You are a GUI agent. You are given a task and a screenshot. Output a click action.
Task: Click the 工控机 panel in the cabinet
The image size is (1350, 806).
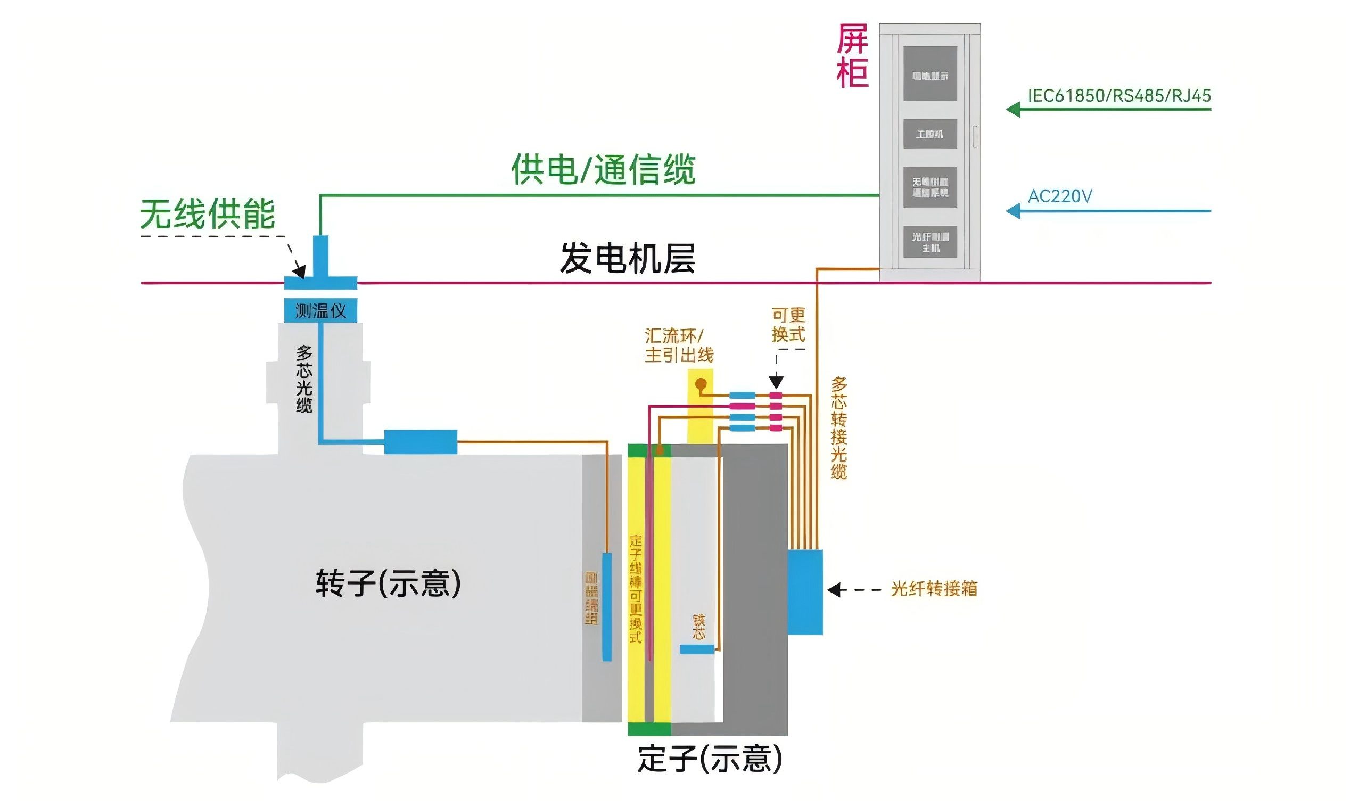[929, 134]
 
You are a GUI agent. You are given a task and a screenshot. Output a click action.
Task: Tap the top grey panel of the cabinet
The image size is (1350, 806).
[929, 73]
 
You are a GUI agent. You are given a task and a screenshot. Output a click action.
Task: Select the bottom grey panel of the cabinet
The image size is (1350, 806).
[929, 242]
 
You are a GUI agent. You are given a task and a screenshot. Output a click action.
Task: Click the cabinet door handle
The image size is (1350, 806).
[975, 136]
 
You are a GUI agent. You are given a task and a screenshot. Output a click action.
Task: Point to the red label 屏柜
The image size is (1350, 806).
[852, 56]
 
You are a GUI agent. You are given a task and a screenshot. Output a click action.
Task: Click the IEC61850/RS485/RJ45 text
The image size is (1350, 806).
[1118, 96]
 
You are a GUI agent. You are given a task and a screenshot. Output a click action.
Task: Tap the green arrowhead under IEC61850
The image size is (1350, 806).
[1014, 110]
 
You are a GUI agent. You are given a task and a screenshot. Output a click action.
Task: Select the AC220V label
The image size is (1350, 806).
[1059, 196]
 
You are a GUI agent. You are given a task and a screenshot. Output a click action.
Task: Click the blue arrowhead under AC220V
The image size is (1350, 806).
[1014, 211]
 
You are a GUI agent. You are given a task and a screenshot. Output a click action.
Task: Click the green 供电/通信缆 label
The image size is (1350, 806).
[603, 169]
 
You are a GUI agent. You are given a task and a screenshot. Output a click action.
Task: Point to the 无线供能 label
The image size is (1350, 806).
[208, 214]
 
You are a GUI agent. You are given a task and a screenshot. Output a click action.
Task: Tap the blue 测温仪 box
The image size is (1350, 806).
[320, 311]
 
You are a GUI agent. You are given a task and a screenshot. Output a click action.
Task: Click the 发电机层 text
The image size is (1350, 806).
[627, 259]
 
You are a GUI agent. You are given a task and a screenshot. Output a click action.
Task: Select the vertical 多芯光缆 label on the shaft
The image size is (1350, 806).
[304, 379]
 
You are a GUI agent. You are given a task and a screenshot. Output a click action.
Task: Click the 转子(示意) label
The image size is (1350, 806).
[388, 583]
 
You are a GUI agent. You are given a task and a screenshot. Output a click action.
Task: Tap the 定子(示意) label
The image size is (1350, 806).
[709, 759]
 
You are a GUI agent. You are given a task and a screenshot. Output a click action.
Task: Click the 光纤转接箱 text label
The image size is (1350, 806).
[934, 589]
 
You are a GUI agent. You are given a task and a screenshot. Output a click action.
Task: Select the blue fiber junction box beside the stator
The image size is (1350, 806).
[805, 592]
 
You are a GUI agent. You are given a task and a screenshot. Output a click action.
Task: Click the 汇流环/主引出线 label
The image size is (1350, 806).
[678, 346]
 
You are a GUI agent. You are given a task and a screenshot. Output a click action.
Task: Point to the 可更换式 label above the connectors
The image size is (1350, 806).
[788, 325]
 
